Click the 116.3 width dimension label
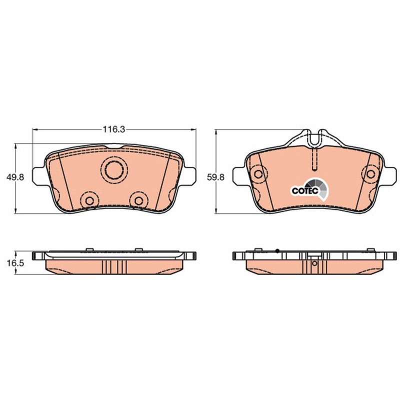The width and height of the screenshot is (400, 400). click(114, 129)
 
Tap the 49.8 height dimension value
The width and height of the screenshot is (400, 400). click(15, 177)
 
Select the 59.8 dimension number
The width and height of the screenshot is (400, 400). click(215, 177)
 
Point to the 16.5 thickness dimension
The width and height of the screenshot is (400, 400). click(15, 263)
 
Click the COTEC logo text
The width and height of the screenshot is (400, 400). click(305, 191)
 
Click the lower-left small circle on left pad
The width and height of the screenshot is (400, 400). click(89, 201)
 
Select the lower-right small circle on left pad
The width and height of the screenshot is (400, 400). click(139, 201)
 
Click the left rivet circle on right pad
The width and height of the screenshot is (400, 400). click(258, 174)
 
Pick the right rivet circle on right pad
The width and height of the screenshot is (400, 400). click(370, 174)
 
